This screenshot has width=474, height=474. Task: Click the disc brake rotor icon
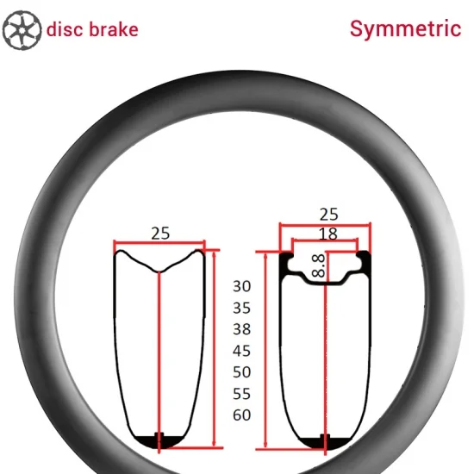pyautogui.click(x=22, y=30)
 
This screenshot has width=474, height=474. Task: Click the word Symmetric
pyautogui.click(x=405, y=29)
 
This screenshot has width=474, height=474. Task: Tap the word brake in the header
pyautogui.click(x=114, y=29)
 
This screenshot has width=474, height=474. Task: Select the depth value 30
pyautogui.click(x=242, y=286)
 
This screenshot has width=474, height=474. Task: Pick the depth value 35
pyautogui.click(x=242, y=308)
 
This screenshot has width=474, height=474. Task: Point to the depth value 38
pyautogui.click(x=242, y=329)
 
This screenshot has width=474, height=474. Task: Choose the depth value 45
pyautogui.click(x=242, y=351)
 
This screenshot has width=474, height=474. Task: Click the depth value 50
pyautogui.click(x=242, y=371)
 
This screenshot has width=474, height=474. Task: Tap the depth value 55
pyautogui.click(x=242, y=394)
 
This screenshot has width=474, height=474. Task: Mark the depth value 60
pyautogui.click(x=242, y=415)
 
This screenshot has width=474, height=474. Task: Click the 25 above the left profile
pyautogui.click(x=160, y=234)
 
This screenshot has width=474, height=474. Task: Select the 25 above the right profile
pyautogui.click(x=329, y=215)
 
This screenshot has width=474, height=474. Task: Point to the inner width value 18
pyautogui.click(x=328, y=234)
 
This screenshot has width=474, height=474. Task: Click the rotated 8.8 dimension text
pyautogui.click(x=318, y=266)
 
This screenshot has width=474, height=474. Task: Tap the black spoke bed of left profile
pyautogui.click(x=159, y=441)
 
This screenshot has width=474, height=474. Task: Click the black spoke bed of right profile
pyautogui.click(x=325, y=443)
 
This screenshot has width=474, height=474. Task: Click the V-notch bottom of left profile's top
pyautogui.click(x=159, y=271)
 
